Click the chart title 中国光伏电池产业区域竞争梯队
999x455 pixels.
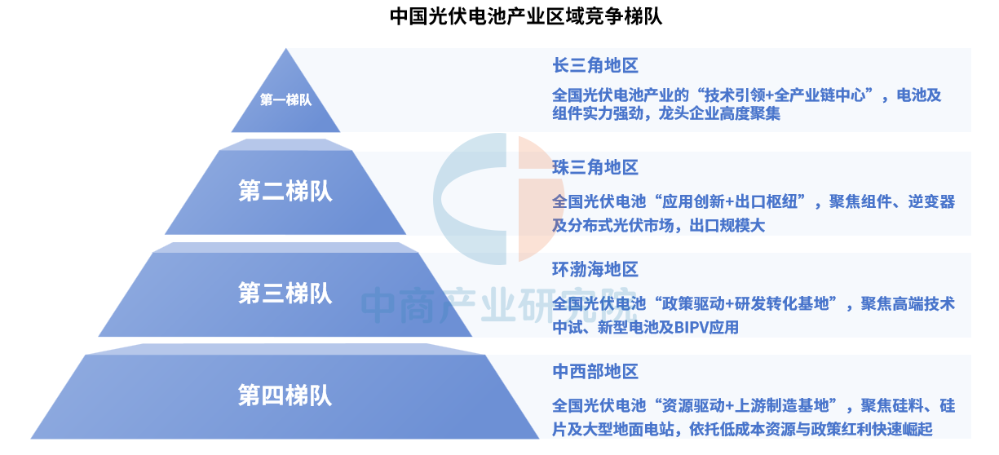[x=526, y=17]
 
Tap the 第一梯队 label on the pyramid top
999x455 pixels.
[x=286, y=99]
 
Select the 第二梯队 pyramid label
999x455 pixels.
[x=285, y=192]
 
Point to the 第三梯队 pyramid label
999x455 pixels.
[x=285, y=294]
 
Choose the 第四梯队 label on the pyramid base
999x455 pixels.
[x=285, y=395]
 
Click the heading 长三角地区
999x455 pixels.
[x=595, y=65]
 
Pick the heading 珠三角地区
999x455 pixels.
[x=595, y=168]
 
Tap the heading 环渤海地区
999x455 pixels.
[x=595, y=270]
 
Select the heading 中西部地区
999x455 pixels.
[x=595, y=372]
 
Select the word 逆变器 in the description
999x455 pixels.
[x=931, y=202]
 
